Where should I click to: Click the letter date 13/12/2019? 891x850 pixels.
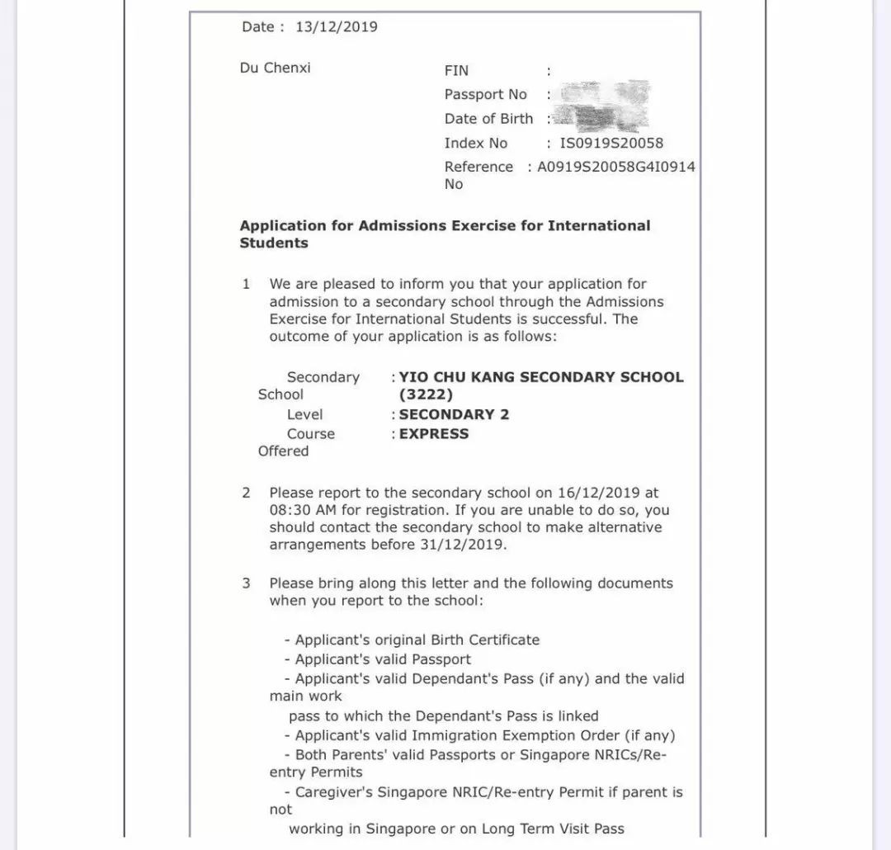coord(337,27)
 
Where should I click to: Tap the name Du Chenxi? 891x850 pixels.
coord(276,68)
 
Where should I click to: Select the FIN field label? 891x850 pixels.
coord(456,71)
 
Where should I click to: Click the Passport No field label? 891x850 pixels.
coord(485,95)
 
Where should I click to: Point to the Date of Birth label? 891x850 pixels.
coord(488,119)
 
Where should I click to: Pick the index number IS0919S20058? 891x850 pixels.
coord(611,144)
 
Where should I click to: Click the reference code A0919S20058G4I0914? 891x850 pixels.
coord(616,167)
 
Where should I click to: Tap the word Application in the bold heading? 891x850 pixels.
coord(283,226)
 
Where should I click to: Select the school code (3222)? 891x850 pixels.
coord(426,395)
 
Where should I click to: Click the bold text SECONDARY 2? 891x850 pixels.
coord(454,414)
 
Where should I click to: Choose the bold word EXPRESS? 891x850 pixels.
coord(434,434)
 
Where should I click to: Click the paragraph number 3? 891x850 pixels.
coord(246,583)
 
